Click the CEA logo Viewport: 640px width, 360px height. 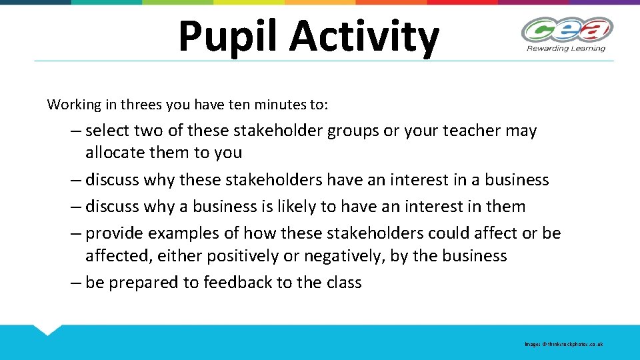point(567,30)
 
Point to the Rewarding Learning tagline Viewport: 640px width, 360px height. point(566,48)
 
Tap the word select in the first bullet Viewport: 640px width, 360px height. point(110,131)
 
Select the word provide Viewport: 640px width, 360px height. point(115,233)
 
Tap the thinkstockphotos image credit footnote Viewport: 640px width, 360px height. point(563,344)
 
